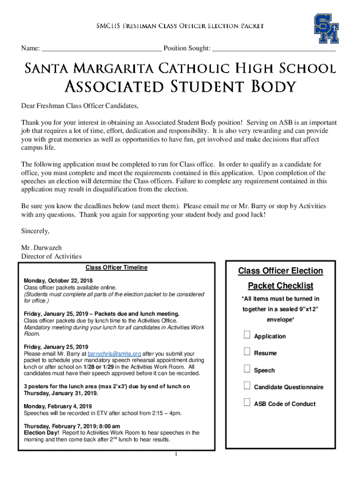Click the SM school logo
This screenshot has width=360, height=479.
coord(326,29)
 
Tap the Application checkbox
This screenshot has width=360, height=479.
coord(247,335)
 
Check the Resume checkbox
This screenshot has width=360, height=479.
coord(247,352)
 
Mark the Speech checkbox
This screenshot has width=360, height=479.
coord(247,369)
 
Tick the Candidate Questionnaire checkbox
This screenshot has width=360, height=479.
coord(247,386)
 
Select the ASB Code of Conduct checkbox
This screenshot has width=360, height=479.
coord(247,403)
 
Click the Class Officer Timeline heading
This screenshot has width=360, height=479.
coord(116,268)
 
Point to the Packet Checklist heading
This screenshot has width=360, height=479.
coord(281,286)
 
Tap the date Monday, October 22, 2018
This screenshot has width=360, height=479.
coord(58,281)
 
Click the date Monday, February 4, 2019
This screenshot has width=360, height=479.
coord(58,406)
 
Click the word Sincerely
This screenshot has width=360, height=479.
coord(35,231)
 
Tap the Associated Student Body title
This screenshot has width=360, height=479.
coord(180,87)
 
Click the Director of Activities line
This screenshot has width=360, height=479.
coord(51,256)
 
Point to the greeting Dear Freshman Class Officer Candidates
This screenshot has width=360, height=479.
coord(80,105)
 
